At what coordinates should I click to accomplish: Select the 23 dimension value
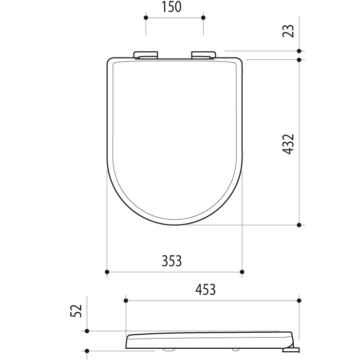[x=289, y=31]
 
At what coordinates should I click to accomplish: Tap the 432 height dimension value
[x=289, y=144]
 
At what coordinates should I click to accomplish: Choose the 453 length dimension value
[x=205, y=289]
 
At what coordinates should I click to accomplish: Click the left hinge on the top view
[x=146, y=55]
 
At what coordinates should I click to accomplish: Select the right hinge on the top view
[x=204, y=55]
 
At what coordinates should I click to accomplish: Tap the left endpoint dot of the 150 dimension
[x=146, y=18]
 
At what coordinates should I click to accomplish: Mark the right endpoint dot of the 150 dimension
[x=203, y=18]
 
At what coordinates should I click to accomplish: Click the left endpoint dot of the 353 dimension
[x=107, y=271]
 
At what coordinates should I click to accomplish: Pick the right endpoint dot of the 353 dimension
[x=242, y=271]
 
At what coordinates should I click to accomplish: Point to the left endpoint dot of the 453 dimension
[x=126, y=301]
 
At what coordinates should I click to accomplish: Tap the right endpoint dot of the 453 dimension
[x=299, y=301]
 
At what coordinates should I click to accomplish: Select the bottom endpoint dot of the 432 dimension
[x=299, y=225]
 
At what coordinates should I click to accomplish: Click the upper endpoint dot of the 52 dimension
[x=87, y=331]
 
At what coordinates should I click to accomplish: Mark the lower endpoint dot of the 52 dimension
[x=87, y=350]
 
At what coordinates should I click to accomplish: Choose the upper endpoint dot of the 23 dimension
[x=299, y=50]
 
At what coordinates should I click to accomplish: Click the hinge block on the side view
[x=290, y=347]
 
